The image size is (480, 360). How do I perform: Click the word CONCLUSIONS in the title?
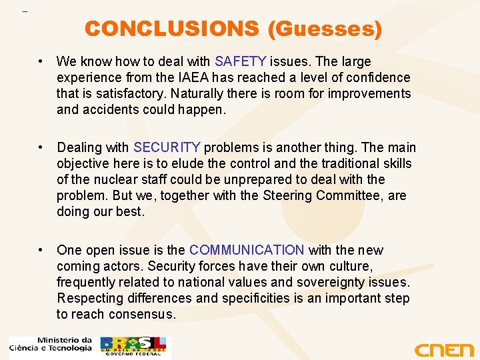pos(171,29)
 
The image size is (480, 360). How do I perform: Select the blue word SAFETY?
pos(240,62)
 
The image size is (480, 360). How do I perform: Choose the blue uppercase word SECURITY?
pos(167,147)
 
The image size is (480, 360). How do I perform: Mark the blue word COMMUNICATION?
pos(247,250)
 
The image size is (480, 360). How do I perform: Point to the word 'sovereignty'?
pos(335,282)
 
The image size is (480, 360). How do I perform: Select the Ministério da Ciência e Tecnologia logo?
pos(51,344)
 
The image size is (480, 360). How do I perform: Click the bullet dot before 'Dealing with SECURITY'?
pos(42,147)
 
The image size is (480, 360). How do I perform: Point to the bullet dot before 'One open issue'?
pos(42,250)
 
